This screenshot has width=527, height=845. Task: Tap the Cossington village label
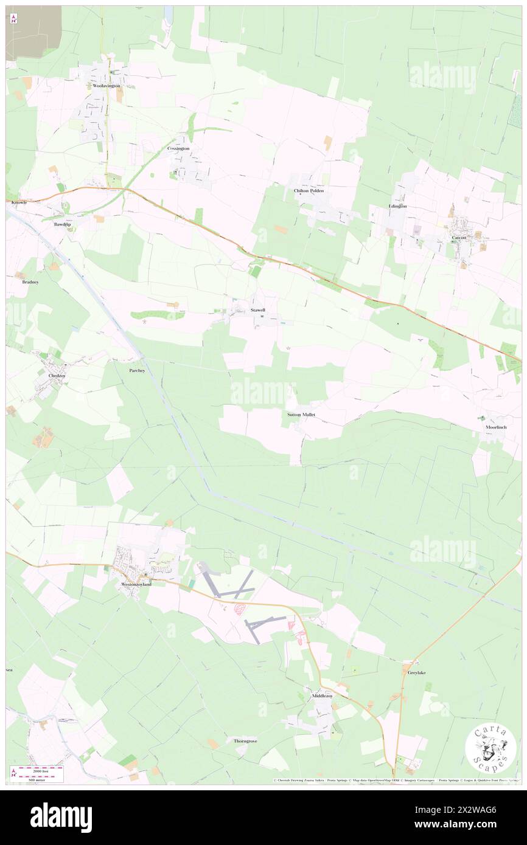[x=178, y=148]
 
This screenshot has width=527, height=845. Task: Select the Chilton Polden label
[x=309, y=190]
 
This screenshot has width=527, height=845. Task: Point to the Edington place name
[x=398, y=206]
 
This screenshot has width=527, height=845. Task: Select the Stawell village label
[x=258, y=310]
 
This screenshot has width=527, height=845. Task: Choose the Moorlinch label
[x=496, y=427]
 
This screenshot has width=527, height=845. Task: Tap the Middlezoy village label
[x=322, y=695]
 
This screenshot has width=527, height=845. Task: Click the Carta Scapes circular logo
[x=490, y=748]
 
